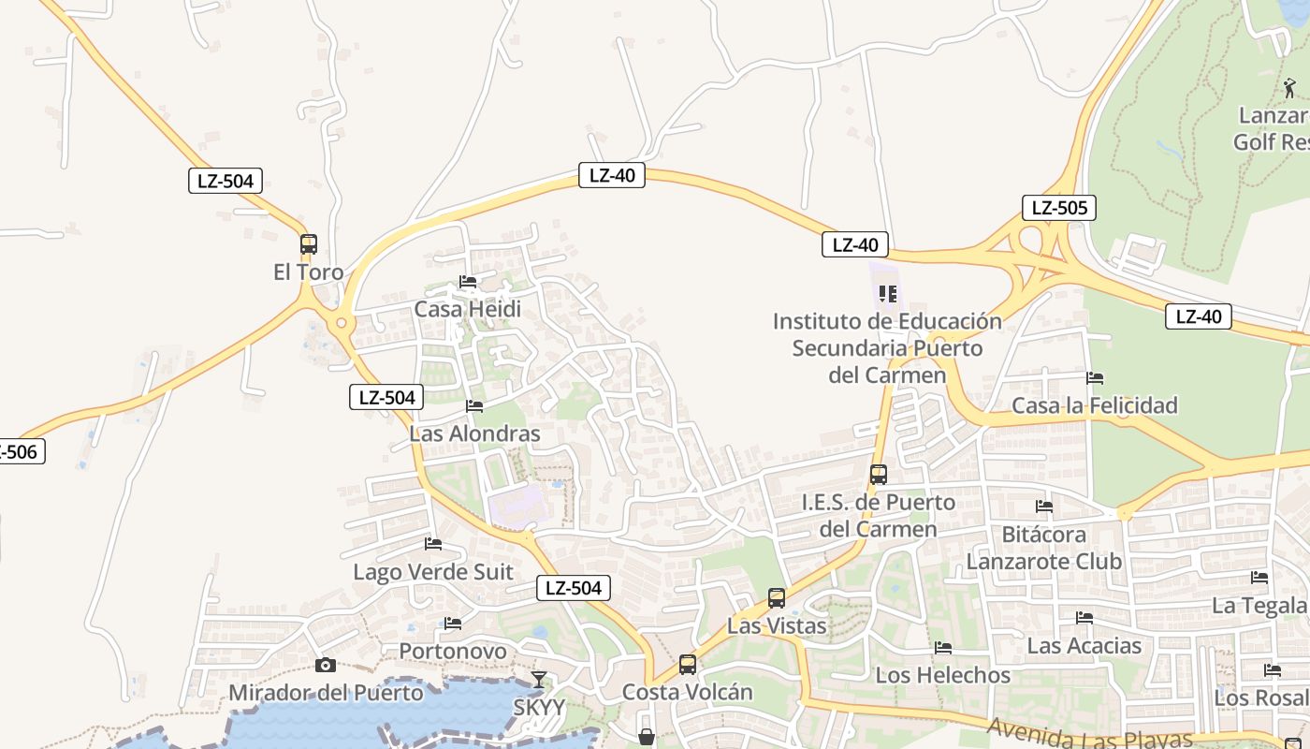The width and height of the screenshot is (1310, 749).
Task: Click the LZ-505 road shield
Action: click(1058, 208)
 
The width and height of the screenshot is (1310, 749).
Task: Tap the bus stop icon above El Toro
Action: click(309, 244)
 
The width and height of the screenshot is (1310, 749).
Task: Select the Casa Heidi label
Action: click(467, 309)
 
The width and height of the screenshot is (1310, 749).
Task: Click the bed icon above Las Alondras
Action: click(474, 406)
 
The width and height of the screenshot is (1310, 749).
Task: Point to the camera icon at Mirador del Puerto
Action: click(326, 666)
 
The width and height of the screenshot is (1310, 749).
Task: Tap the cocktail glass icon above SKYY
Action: click(538, 680)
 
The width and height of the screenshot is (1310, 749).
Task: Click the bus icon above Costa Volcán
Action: click(688, 665)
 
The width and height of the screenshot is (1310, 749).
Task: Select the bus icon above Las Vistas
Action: click(777, 598)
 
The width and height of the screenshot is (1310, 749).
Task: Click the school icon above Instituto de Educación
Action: click(888, 294)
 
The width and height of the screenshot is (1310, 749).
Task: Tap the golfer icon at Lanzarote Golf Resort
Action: click(1290, 89)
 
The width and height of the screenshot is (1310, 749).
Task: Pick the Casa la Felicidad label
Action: click(1094, 405)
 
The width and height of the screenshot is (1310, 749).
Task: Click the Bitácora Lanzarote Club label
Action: click(1043, 548)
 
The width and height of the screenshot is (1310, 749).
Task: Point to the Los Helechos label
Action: click(943, 675)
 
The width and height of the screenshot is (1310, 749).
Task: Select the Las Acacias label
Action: click(1084, 645)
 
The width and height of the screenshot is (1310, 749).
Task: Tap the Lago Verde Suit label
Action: click(432, 572)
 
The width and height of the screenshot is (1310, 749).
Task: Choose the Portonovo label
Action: click(453, 651)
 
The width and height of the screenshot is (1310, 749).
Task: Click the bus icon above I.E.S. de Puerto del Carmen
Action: click(878, 475)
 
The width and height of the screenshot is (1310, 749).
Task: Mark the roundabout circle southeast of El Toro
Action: click(342, 323)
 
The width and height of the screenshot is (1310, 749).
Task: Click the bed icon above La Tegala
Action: click(1259, 578)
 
